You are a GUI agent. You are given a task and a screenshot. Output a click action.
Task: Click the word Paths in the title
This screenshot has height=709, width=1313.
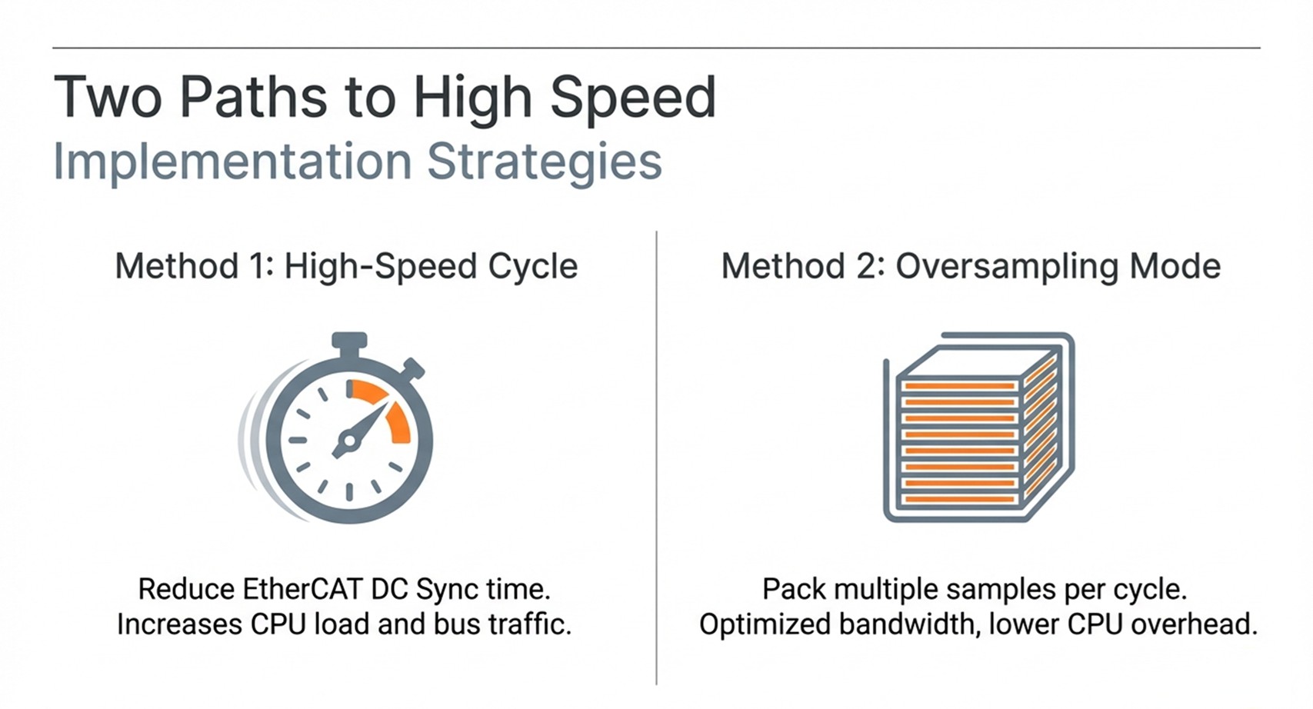[x=253, y=97]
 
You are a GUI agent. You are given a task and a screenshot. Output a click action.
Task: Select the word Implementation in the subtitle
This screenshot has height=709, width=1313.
[x=233, y=161]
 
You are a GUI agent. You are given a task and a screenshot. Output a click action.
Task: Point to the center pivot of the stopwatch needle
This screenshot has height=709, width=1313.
[x=348, y=440]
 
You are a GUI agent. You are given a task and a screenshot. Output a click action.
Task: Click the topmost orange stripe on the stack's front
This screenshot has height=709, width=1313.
[x=959, y=386]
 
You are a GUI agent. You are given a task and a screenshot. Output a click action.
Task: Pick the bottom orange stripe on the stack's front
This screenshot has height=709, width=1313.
[x=959, y=499]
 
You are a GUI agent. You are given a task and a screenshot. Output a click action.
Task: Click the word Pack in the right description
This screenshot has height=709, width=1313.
[x=795, y=590]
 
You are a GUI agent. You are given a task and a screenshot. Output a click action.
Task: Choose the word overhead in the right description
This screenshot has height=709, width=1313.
[x=1194, y=624]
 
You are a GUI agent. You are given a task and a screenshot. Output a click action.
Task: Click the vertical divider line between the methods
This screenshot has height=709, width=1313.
[x=657, y=458]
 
